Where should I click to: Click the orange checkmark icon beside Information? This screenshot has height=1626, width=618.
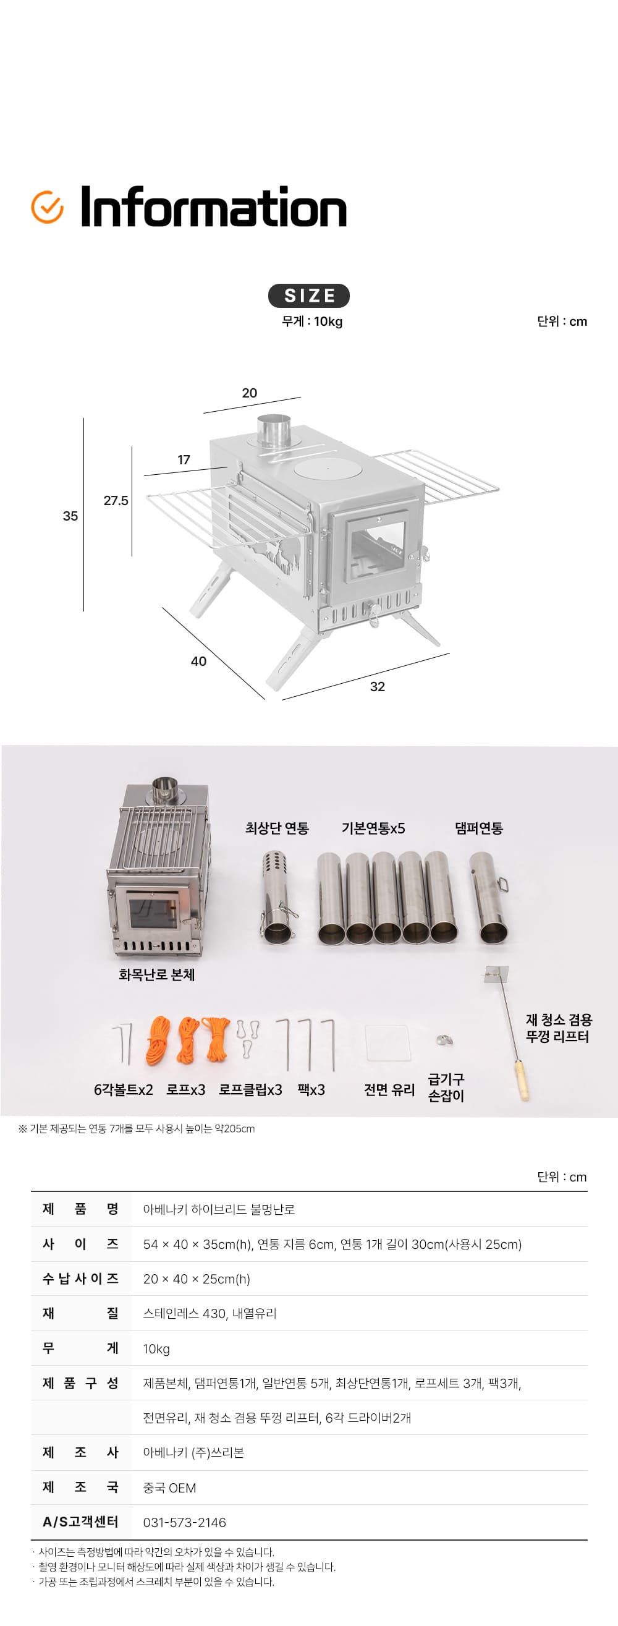pyautogui.click(x=48, y=207)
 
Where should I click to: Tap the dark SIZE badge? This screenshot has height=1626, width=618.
pyautogui.click(x=308, y=296)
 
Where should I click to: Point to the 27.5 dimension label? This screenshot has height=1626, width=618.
pyautogui.click(x=116, y=501)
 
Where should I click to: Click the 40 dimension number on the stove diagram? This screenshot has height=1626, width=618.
pyautogui.click(x=198, y=661)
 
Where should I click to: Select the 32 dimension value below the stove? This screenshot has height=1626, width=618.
pyautogui.click(x=377, y=687)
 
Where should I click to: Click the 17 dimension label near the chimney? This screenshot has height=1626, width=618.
pyautogui.click(x=184, y=459)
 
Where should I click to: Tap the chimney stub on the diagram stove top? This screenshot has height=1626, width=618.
pyautogui.click(x=273, y=430)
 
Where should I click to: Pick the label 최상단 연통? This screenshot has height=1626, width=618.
pyautogui.click(x=277, y=828)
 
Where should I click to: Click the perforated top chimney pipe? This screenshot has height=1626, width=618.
pyautogui.click(x=277, y=897)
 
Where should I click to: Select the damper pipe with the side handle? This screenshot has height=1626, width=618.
pyautogui.click(x=489, y=898)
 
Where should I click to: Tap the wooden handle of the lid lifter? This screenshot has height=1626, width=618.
pyautogui.click(x=522, y=1081)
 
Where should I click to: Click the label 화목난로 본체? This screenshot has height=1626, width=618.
pyautogui.click(x=156, y=974)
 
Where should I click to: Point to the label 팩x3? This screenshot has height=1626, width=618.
pyautogui.click(x=311, y=1089)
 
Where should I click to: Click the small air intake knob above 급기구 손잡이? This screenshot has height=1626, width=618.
pyautogui.click(x=445, y=1040)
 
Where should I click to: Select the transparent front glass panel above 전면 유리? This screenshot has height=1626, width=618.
pyautogui.click(x=387, y=1043)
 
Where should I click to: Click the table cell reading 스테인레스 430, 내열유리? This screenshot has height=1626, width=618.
pyautogui.click(x=210, y=1314)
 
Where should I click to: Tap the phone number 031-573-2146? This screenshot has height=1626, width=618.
pyautogui.click(x=184, y=1523)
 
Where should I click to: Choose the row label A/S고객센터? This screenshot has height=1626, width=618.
pyautogui.click(x=80, y=1522)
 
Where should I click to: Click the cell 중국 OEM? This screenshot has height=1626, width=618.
pyautogui.click(x=169, y=1488)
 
